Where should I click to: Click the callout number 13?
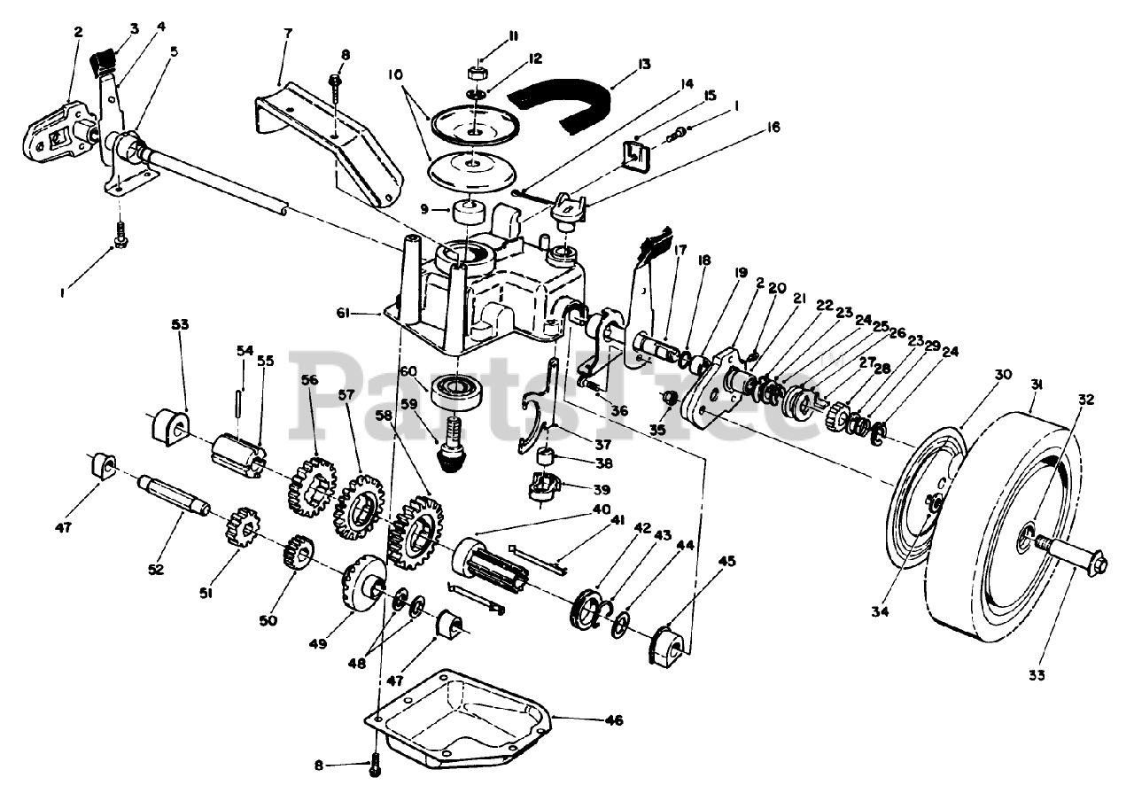pos(644,65)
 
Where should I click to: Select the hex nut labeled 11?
pos(476,72)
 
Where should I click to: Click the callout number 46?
pos(614,719)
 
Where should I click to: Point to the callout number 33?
pos(1037,675)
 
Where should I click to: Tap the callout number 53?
pos(180,324)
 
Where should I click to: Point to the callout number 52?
pos(156,570)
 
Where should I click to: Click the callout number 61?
pos(343,314)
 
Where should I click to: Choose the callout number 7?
pos(288,34)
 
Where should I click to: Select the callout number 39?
pos(602,490)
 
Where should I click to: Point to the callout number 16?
pos(773,127)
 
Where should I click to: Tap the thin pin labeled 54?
pos(239,402)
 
